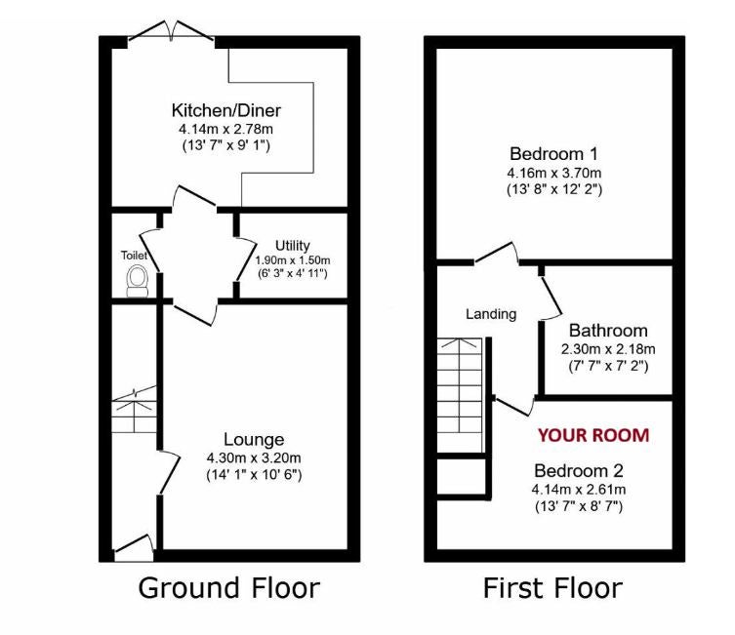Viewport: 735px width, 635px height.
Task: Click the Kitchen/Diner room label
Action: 225,110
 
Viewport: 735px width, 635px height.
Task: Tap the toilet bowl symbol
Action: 138,281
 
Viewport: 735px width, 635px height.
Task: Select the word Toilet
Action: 134,256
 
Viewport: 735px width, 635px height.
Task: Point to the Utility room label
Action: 293,246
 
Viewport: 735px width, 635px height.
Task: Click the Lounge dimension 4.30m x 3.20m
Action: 254,457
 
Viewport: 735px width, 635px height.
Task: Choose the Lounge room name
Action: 254,439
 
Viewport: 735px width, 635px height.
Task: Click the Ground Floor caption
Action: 228,588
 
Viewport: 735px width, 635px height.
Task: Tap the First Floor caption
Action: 552,588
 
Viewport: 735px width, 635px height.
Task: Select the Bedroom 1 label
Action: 554,153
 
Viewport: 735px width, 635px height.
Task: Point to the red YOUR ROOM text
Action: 593,435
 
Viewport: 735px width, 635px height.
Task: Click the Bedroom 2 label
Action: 579,470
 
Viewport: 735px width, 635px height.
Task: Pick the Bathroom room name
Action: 608,331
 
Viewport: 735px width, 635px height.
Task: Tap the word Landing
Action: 491,314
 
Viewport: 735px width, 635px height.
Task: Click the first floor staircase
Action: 460,395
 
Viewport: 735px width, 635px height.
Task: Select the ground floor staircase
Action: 134,410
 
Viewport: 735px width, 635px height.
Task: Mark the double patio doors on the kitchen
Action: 171,30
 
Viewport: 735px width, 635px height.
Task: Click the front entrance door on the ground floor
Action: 134,548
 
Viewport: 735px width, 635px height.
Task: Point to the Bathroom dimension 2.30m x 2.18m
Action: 608,349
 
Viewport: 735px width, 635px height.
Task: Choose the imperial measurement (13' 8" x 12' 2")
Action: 554,189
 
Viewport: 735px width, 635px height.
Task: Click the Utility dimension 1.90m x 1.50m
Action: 293,259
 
